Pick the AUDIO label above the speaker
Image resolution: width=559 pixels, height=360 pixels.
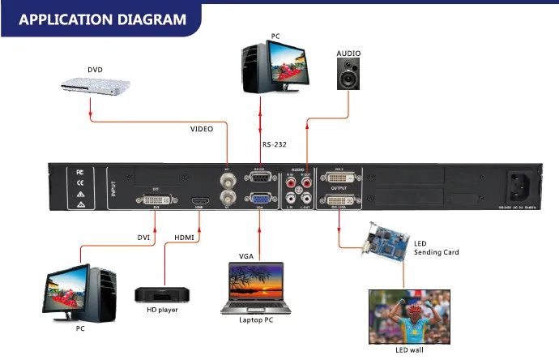(x=348, y=54)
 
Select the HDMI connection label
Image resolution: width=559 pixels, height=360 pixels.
(x=185, y=236)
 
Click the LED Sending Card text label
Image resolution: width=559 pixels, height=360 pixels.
(x=437, y=247)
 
